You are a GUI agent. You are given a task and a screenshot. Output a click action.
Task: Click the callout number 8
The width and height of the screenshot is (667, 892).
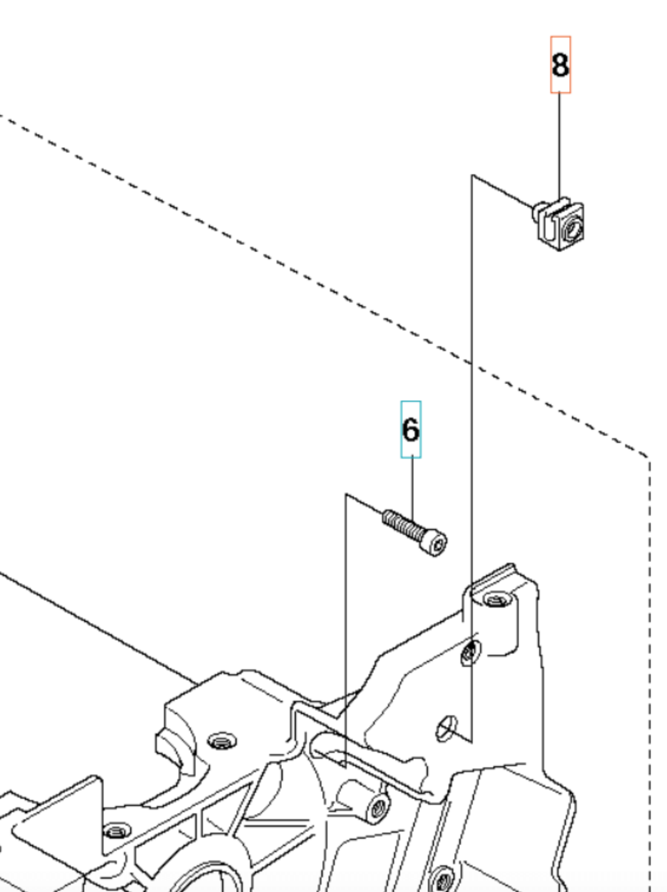coord(560,65)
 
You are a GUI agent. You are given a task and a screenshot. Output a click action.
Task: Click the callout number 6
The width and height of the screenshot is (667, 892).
coord(410,430)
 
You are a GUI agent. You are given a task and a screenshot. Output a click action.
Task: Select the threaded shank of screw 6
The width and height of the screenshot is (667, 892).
coord(401,525)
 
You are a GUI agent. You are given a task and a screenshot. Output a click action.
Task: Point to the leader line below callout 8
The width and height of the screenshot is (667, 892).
coord(559,145)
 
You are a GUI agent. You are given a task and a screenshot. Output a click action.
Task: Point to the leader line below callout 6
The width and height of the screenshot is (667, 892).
coord(412,487)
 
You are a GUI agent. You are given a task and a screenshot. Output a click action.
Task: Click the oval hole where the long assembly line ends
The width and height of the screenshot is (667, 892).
coord(446,727)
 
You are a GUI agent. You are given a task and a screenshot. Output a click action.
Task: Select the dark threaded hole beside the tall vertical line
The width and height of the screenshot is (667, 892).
coord(469,652)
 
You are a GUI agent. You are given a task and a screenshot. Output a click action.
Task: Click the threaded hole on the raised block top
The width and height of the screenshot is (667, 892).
coord(222,741)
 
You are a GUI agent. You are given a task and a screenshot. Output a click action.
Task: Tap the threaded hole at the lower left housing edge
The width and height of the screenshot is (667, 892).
coord(117,830)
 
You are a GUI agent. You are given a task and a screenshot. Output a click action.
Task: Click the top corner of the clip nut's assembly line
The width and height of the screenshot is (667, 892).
coord(472,176)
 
